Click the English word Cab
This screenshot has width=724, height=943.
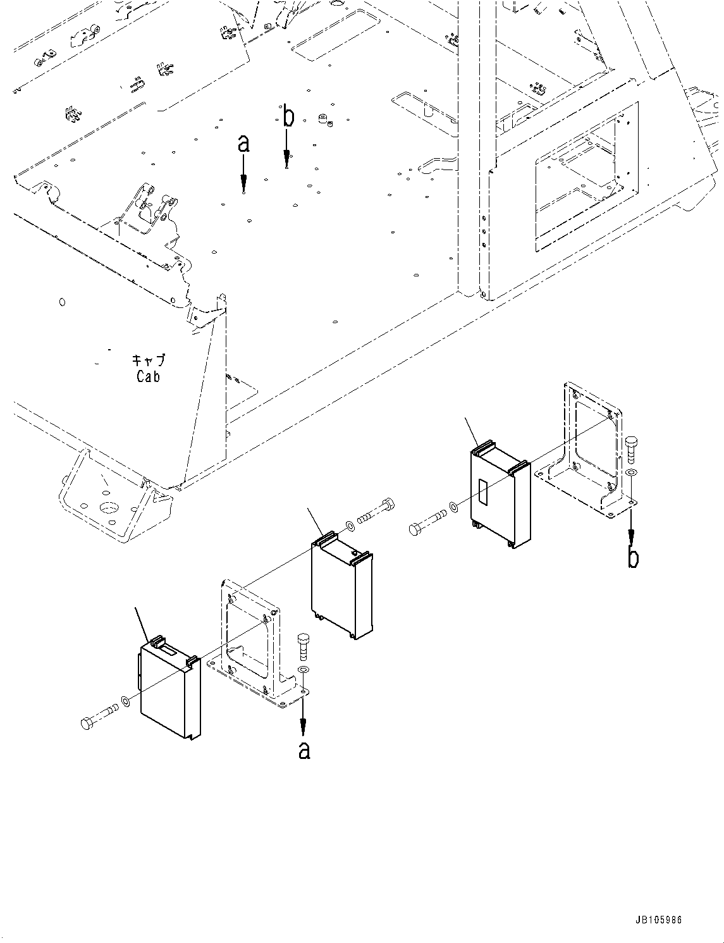(148, 376)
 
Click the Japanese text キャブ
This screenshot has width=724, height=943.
(149, 361)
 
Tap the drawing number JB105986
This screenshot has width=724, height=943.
(659, 920)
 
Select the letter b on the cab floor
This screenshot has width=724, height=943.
(288, 117)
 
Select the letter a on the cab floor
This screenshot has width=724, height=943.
(243, 144)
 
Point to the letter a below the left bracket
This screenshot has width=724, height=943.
(304, 750)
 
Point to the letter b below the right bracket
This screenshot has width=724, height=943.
(632, 558)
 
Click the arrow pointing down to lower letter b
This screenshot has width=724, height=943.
(631, 526)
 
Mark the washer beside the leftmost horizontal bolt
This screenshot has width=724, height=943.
(126, 701)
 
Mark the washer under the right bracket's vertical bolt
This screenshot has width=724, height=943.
(630, 474)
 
